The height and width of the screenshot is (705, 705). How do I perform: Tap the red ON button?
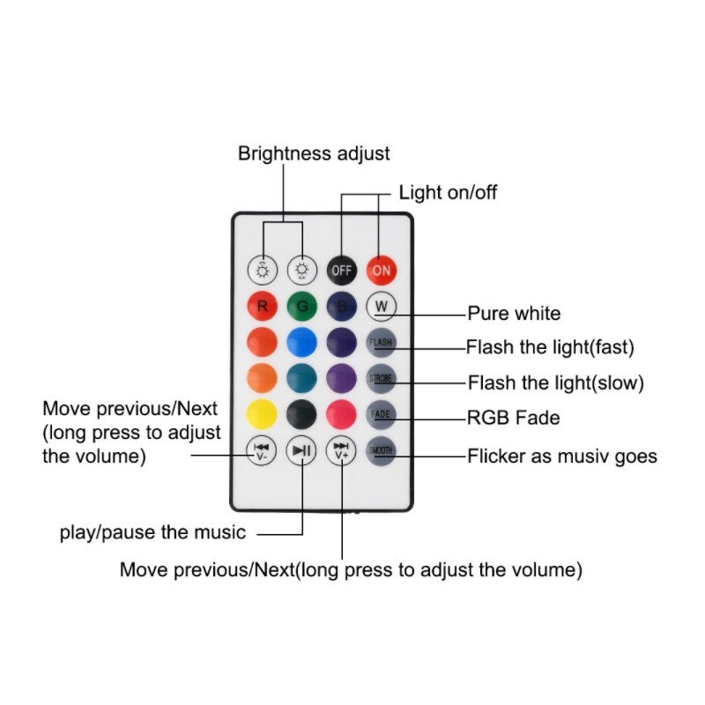pyautogui.click(x=381, y=271)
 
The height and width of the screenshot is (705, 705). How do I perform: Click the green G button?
pyautogui.click(x=302, y=307)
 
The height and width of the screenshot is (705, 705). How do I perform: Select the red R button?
pyautogui.click(x=263, y=307)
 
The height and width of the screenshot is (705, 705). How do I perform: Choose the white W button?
pyautogui.click(x=381, y=307)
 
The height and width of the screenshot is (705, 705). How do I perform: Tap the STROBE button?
pyautogui.click(x=381, y=379)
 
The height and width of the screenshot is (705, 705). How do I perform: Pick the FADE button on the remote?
pyautogui.click(x=381, y=414)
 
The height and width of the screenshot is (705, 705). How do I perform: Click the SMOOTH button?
pyautogui.click(x=381, y=450)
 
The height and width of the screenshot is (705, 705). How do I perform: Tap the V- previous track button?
pyautogui.click(x=263, y=451)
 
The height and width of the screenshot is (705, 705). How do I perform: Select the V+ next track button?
pyautogui.click(x=341, y=451)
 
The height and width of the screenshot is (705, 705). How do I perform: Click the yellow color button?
pyautogui.click(x=263, y=414)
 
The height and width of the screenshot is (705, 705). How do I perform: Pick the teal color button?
pyautogui.click(x=302, y=379)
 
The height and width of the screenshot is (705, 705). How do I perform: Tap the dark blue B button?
pyautogui.click(x=341, y=307)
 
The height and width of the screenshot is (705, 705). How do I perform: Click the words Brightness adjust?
pyautogui.click(x=314, y=153)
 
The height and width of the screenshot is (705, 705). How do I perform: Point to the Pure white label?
pyautogui.click(x=514, y=313)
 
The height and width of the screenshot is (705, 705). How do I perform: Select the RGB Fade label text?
pyautogui.click(x=514, y=418)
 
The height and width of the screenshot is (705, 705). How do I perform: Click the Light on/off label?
pyautogui.click(x=448, y=192)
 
